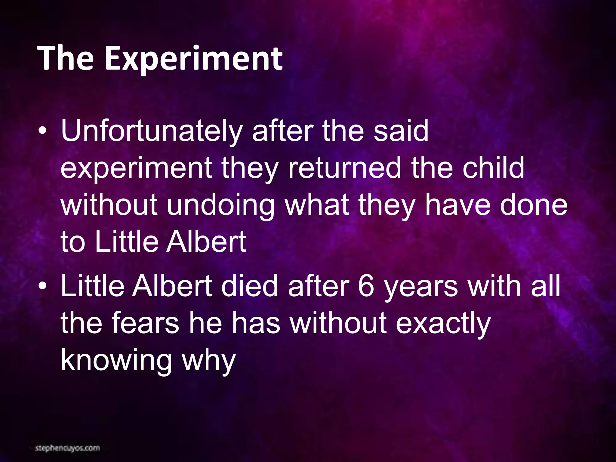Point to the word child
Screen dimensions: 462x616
coord(493,168)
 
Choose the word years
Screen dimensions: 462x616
coord(421,286)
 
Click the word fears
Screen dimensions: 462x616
coord(145,323)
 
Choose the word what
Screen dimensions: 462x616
coord(317,205)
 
